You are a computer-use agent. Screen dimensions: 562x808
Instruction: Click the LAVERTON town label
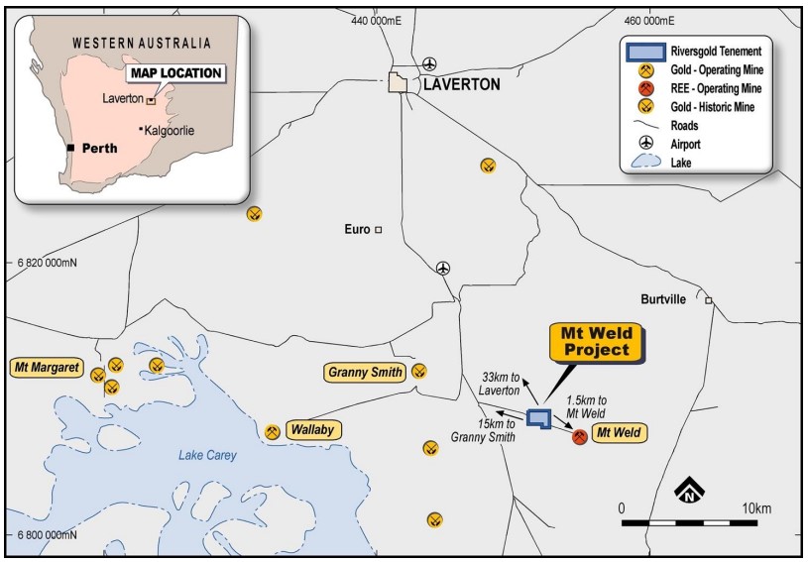[461, 84]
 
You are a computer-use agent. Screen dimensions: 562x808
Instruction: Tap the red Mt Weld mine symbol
[580, 436]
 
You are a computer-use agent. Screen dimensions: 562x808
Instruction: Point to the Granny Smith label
[365, 373]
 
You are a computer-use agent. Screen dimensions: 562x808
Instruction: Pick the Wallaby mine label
[310, 430]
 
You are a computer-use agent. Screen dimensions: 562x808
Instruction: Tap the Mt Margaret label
[46, 368]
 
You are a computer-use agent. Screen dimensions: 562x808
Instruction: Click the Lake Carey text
[207, 455]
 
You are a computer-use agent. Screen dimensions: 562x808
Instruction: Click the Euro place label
[357, 229]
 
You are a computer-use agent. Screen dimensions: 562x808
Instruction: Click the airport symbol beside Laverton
[429, 64]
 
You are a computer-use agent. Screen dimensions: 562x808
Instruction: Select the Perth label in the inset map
[99, 149]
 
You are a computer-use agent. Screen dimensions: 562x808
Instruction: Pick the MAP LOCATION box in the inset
[174, 73]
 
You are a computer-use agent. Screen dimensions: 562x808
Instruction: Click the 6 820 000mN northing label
[47, 264]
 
